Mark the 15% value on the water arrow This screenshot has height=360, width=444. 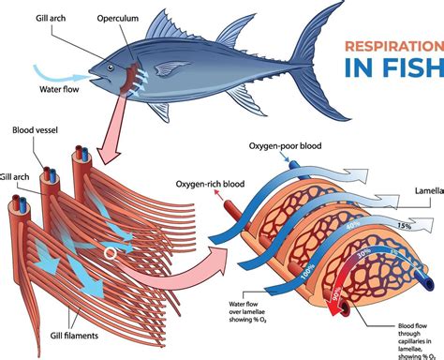point(404,225)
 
